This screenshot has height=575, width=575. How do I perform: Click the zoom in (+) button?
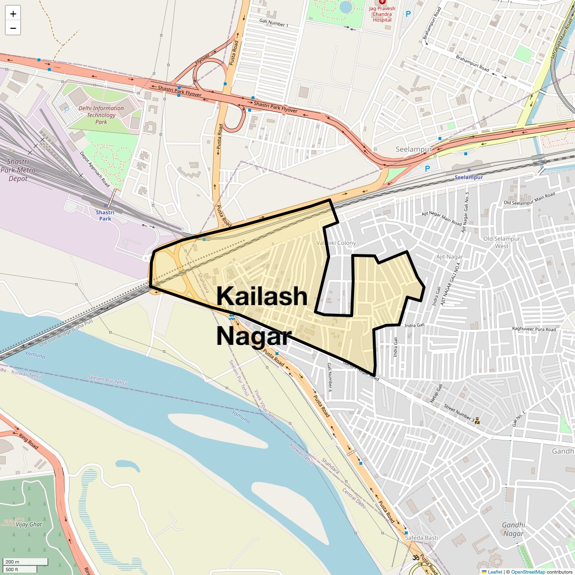13,14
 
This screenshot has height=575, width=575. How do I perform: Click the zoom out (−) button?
13,28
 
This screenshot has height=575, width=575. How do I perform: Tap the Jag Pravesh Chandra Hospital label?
382,14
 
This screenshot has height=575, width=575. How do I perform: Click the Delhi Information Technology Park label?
101,115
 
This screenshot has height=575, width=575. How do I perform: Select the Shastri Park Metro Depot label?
18,170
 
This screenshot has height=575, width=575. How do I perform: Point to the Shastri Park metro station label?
105,215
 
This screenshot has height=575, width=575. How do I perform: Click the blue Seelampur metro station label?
469,177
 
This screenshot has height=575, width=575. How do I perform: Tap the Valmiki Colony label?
336,243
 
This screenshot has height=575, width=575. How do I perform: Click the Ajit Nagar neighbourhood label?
449,257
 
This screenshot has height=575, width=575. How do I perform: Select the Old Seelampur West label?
502,242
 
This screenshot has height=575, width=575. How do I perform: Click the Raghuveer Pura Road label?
534,329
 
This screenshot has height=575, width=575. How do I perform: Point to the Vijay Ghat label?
29,524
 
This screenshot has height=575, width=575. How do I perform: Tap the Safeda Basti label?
421,538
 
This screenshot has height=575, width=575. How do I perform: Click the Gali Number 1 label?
274,23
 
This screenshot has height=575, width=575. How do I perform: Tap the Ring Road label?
28,441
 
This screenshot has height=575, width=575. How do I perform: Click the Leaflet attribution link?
495,572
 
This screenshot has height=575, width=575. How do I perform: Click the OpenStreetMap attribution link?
528,572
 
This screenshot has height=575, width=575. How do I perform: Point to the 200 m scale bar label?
13,562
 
